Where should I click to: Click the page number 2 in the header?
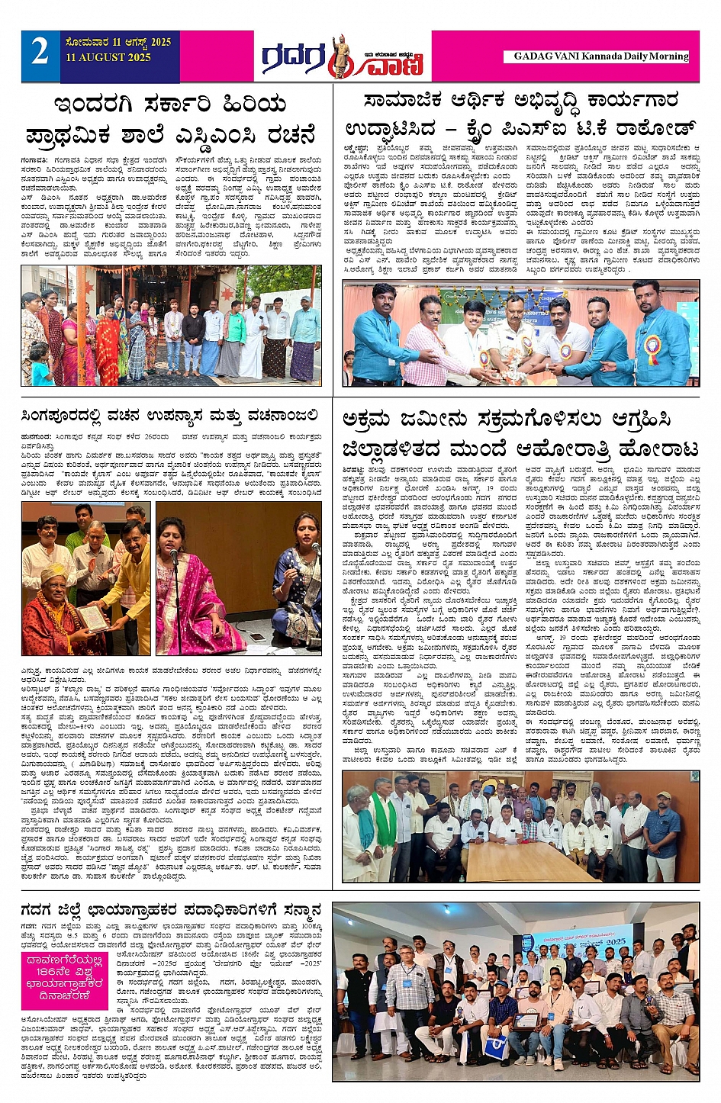pos(40,52)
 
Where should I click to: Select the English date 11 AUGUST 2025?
pos(108,58)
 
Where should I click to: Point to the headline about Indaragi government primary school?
pos(172,120)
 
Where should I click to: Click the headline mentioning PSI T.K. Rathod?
pos(520,114)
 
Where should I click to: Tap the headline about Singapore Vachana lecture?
pos(170,415)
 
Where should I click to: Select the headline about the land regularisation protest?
pos(520,433)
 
